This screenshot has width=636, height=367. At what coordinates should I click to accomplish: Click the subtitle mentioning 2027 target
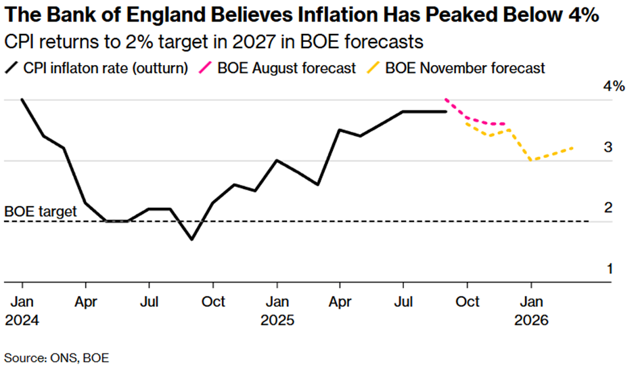coord(214,42)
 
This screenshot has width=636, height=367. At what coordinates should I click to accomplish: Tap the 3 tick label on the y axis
coord(608,147)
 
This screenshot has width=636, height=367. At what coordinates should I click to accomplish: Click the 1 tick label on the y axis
coord(608,269)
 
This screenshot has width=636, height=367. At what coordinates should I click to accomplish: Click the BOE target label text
coord(41,211)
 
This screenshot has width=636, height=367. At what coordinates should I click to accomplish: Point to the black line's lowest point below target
coord(192,239)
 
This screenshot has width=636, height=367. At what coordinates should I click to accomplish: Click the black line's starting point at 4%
coord(22,100)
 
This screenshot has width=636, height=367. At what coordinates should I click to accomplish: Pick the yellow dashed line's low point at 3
coord(531,160)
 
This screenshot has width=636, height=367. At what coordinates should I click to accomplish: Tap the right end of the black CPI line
coord(447,111)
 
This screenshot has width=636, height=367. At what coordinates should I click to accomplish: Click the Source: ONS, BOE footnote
coord(57,356)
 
